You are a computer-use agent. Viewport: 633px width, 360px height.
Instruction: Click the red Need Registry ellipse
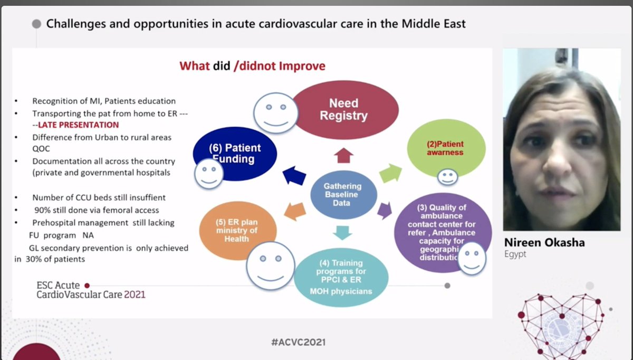click(x=343, y=109)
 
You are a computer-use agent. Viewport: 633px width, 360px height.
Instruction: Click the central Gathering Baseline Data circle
click(x=343, y=194)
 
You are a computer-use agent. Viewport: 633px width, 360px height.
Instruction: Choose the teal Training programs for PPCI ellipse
click(x=341, y=276)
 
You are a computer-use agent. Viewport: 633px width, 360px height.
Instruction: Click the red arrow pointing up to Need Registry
click(x=343, y=156)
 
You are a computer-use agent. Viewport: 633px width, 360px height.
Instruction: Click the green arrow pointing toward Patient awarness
click(x=390, y=173)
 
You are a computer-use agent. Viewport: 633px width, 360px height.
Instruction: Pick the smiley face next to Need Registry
click(x=275, y=112)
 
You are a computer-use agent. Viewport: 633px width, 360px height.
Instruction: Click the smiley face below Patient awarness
click(x=448, y=176)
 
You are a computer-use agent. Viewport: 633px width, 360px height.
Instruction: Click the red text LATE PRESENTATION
click(x=78, y=125)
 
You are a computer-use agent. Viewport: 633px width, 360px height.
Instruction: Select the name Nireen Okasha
click(x=544, y=243)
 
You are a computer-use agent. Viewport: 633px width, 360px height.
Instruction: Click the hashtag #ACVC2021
click(x=299, y=342)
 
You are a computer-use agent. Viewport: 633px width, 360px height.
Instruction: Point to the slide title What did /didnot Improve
click(x=252, y=66)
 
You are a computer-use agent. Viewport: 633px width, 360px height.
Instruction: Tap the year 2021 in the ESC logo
click(x=135, y=295)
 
